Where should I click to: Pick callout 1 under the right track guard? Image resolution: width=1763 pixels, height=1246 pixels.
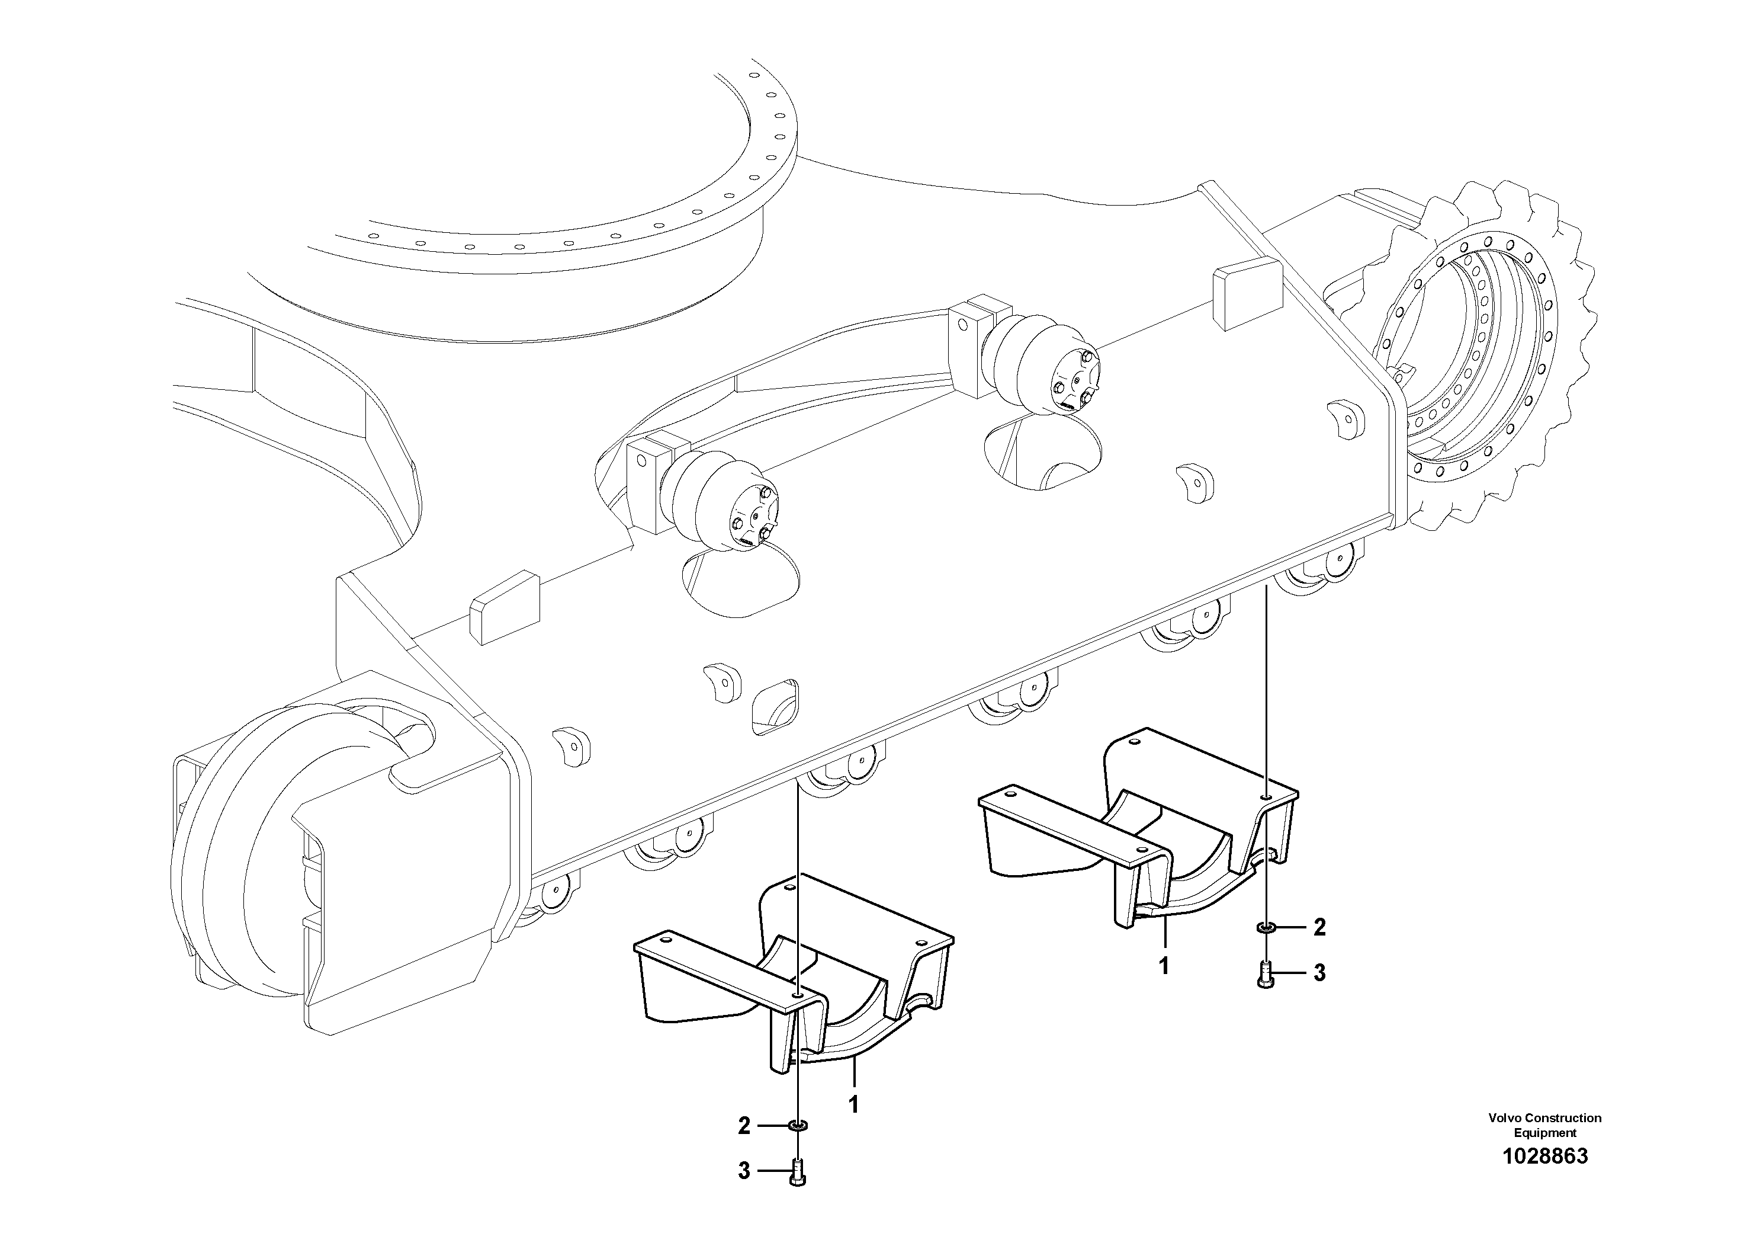tap(1164, 966)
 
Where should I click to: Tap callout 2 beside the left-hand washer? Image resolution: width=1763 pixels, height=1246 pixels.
tap(743, 1126)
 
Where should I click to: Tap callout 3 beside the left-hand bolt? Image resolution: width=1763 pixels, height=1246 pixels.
tap(743, 1171)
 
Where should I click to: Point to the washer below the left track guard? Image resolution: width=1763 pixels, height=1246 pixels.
tap(798, 1126)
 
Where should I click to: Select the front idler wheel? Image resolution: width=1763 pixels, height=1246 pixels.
tap(253, 853)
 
